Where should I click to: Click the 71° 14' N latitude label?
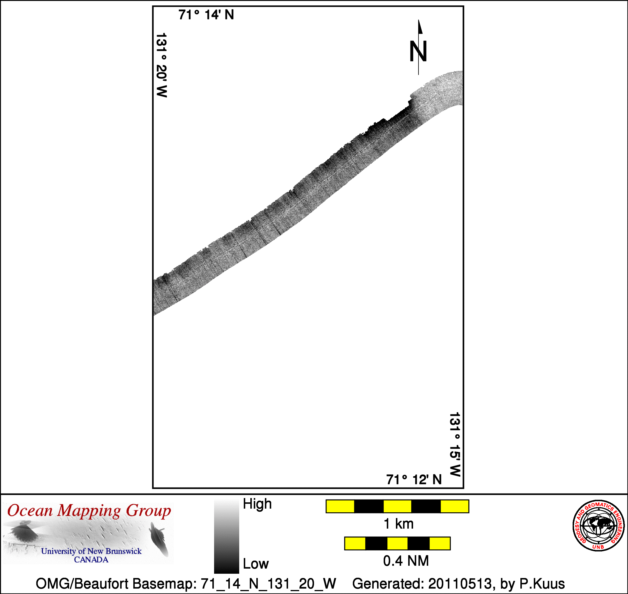206,15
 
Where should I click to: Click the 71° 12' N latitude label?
414,480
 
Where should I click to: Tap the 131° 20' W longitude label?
162,65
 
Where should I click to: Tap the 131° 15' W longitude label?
455,445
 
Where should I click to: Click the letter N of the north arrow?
418,51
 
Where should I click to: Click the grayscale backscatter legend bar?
226,536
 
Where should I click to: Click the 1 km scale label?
398,524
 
